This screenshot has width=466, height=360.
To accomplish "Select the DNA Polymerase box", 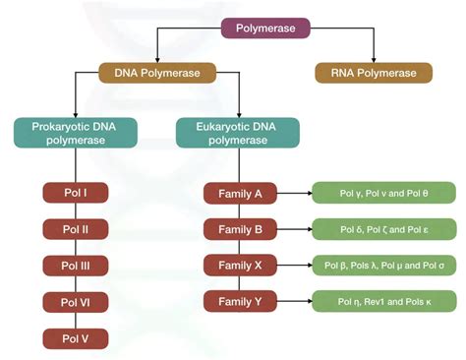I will tap(157, 73).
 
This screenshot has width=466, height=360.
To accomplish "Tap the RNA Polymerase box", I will tap(373, 73).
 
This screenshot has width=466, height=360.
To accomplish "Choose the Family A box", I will tap(239, 194).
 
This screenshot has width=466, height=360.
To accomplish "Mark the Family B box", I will tap(239, 230).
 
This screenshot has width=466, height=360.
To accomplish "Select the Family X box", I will tap(239, 266).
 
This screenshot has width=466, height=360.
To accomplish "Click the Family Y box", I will tap(239, 301).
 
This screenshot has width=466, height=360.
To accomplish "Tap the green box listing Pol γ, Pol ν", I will tap(382, 194).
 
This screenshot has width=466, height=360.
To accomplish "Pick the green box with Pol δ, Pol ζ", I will tap(382, 230).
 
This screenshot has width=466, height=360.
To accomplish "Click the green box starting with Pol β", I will tap(382, 266).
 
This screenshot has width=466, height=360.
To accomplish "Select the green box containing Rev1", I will tap(382, 301).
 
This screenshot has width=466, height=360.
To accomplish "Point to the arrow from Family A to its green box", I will tap(292, 194).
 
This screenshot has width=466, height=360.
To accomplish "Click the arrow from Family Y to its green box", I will tap(292, 301).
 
